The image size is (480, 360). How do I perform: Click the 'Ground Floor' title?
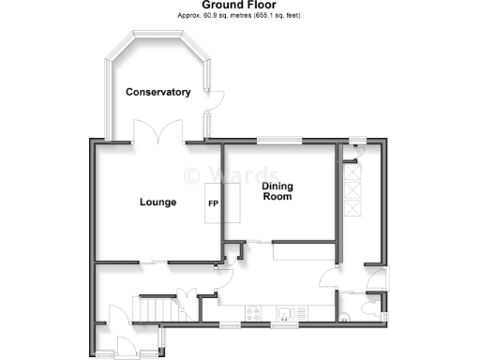[239, 5]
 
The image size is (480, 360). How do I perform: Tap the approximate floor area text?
[239, 16]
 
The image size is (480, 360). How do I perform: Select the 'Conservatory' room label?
[158, 92]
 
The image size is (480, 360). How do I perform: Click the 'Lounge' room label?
[157, 202]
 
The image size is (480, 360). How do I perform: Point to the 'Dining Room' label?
[277, 191]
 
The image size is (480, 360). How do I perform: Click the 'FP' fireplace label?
[213, 202]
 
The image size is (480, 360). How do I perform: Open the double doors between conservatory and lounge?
[158, 137]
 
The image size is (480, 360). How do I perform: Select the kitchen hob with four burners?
[253, 312]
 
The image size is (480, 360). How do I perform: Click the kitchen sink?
[289, 312]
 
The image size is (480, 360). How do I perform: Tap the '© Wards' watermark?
[231, 174]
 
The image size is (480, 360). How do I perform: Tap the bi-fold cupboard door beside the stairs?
[187, 302]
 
